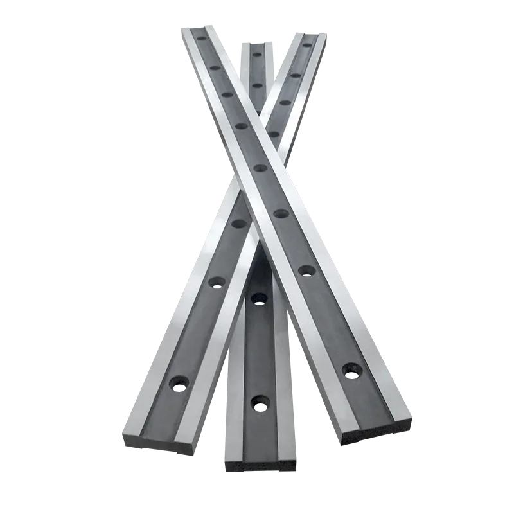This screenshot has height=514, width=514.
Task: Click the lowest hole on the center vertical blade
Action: [x=260, y=403]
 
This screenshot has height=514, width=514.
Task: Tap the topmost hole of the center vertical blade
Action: [x=256, y=54]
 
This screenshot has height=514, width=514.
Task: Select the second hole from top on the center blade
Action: [x=257, y=85]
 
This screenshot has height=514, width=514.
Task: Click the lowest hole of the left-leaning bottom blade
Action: [x=178, y=384]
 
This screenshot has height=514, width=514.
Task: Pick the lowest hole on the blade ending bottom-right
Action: [x=351, y=369]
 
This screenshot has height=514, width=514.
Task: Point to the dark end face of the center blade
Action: [x=260, y=466]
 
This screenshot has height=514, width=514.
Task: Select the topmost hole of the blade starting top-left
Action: [x=202, y=38]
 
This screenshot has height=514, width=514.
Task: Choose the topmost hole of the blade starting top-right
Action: [x=307, y=45]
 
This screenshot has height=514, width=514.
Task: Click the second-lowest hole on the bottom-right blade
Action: [x=306, y=270]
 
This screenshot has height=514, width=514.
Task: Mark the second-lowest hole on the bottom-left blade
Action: [x=217, y=281]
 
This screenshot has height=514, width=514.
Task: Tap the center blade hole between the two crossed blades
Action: [x=259, y=297]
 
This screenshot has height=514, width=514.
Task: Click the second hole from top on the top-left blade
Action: [x=215, y=67]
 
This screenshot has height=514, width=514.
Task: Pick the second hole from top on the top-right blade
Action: [x=296, y=75]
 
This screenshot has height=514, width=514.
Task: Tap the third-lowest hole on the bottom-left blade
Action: [x=238, y=224]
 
